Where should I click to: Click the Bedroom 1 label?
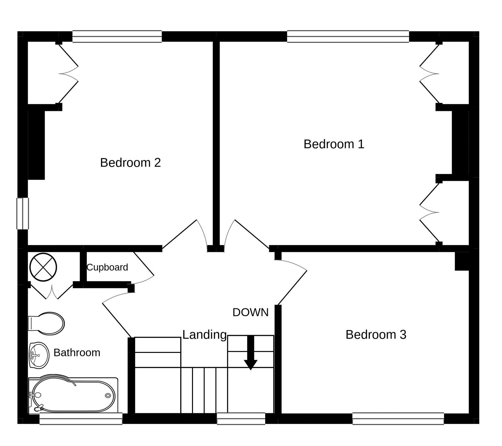(x=334, y=144)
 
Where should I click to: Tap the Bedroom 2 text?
(x=130, y=163)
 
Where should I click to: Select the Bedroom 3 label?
(x=376, y=335)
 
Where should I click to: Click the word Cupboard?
(x=107, y=267)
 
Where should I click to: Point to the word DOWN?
(x=250, y=312)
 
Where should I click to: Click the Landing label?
(x=204, y=335)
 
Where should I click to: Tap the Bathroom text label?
(x=77, y=353)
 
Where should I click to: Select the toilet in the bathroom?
(x=46, y=324)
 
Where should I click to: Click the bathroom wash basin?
(x=39, y=355)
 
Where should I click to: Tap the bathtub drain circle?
(x=108, y=395)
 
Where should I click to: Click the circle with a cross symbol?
(x=43, y=267)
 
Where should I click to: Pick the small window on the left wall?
(x=23, y=213)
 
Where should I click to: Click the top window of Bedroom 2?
(x=117, y=36)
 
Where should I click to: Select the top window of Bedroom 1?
(x=348, y=36)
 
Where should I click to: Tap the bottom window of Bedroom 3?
(x=398, y=419)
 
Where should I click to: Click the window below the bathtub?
(x=81, y=419)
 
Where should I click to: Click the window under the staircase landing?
(x=241, y=419)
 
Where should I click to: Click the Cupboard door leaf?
(x=144, y=264)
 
